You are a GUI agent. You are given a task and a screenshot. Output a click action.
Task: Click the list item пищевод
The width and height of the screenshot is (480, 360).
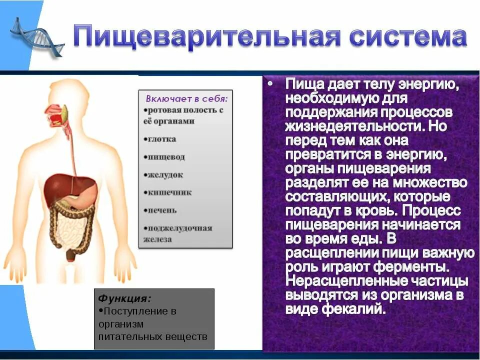click(165, 157)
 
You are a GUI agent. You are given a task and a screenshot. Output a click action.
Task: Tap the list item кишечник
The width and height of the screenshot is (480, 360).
click(168, 192)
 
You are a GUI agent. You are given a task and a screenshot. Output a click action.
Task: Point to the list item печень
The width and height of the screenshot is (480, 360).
click(161, 210)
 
